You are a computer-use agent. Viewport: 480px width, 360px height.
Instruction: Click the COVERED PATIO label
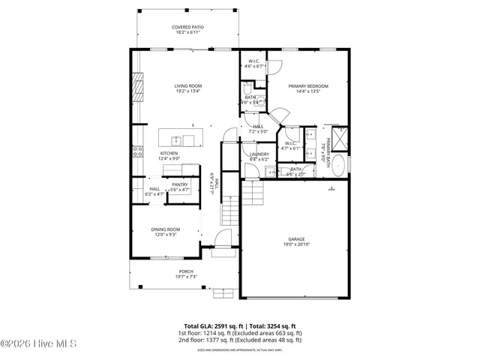click(x=188, y=27)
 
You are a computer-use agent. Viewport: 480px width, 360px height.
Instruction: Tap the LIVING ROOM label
click(x=188, y=86)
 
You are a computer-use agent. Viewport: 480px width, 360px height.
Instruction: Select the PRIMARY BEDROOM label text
click(x=309, y=86)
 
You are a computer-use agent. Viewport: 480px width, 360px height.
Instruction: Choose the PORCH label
click(x=185, y=271)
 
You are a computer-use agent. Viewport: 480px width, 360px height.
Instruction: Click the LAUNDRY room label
click(x=259, y=154)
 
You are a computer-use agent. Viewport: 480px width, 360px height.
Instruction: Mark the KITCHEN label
click(x=168, y=153)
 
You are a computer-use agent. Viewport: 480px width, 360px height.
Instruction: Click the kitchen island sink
click(x=175, y=140)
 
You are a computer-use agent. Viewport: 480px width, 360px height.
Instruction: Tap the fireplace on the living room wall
click(x=137, y=87)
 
